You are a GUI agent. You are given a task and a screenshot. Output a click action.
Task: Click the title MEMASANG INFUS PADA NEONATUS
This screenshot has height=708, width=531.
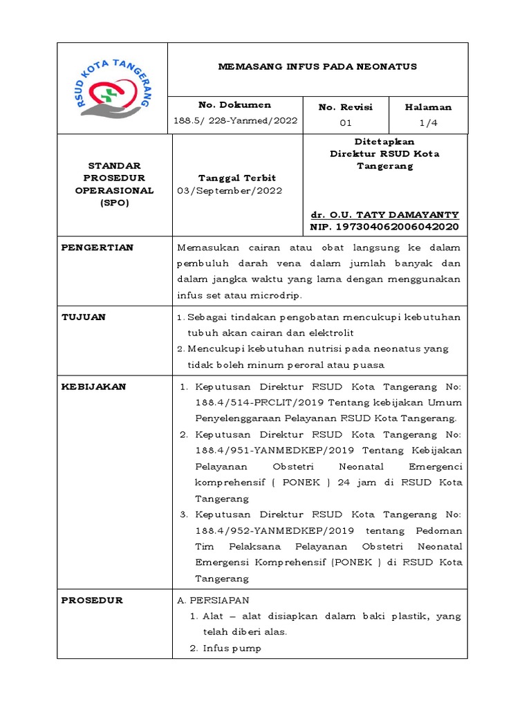click(x=317, y=67)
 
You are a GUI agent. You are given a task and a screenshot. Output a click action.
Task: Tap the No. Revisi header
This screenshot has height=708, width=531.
click(x=345, y=107)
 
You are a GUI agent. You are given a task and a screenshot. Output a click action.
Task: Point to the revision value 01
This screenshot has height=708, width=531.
click(x=345, y=123)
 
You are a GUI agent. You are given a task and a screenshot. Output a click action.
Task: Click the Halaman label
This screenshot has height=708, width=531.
click(x=428, y=107)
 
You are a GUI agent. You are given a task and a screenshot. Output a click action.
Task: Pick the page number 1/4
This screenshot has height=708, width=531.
click(x=428, y=123)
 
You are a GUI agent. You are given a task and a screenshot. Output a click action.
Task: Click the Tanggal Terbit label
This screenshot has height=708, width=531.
click(x=237, y=178)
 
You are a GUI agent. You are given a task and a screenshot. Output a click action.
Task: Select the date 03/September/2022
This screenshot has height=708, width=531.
click(x=230, y=191)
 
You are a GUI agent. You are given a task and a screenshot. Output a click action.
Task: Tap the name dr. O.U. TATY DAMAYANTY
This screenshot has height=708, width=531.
click(x=385, y=215)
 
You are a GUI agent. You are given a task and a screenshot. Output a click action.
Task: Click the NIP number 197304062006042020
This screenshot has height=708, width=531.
click(x=385, y=227)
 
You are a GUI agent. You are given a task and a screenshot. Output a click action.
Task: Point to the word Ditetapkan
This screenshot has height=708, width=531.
click(x=385, y=141)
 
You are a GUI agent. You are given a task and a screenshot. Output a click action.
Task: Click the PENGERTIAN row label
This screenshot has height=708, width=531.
click(x=97, y=248)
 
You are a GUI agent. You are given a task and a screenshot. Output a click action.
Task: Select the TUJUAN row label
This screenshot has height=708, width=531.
click(x=84, y=317)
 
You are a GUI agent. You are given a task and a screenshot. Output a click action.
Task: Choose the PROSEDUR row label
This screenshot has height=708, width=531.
click(x=92, y=600)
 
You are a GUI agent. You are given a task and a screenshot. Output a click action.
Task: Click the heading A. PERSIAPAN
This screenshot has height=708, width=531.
click(x=214, y=600)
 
